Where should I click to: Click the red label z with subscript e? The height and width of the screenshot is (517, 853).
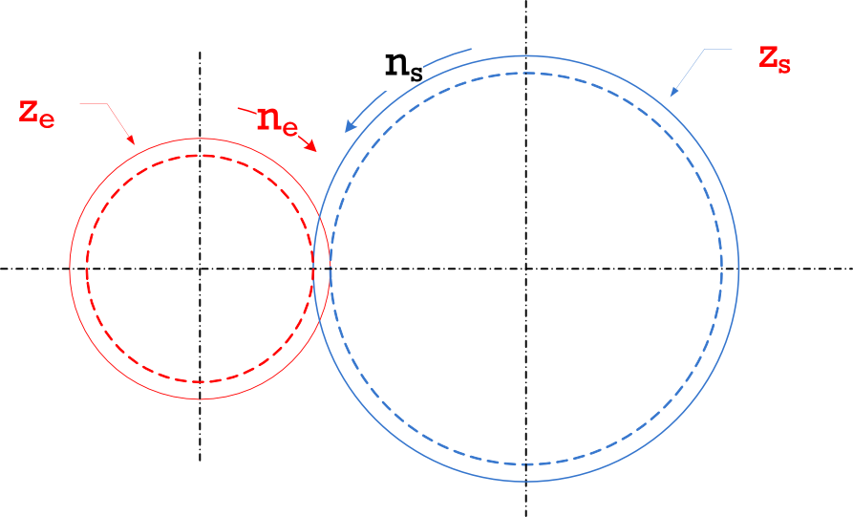tap(36, 112)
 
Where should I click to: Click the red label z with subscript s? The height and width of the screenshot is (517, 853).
tap(775, 58)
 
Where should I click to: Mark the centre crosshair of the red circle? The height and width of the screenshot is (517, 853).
tap(200, 269)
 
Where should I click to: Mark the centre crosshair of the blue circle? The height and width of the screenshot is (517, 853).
tap(525, 269)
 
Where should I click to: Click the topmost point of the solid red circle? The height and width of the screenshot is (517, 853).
tap(200, 138)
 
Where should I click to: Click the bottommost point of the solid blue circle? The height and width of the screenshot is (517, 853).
tap(525, 483)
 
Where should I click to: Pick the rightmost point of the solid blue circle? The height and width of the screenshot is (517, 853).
tap(739, 269)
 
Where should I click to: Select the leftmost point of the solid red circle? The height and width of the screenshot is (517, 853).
tap(70, 269)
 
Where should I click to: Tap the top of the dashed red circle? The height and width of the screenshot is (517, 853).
tap(200, 156)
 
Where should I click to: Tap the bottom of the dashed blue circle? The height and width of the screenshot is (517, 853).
tap(525, 464)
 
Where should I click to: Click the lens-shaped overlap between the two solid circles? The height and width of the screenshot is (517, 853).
tap(322, 269)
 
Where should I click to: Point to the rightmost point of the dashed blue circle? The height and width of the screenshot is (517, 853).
tap(721, 269)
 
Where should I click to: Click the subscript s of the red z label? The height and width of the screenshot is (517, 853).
tap(783, 65)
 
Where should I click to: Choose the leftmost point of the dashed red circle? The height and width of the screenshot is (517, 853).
tap(87, 269)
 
